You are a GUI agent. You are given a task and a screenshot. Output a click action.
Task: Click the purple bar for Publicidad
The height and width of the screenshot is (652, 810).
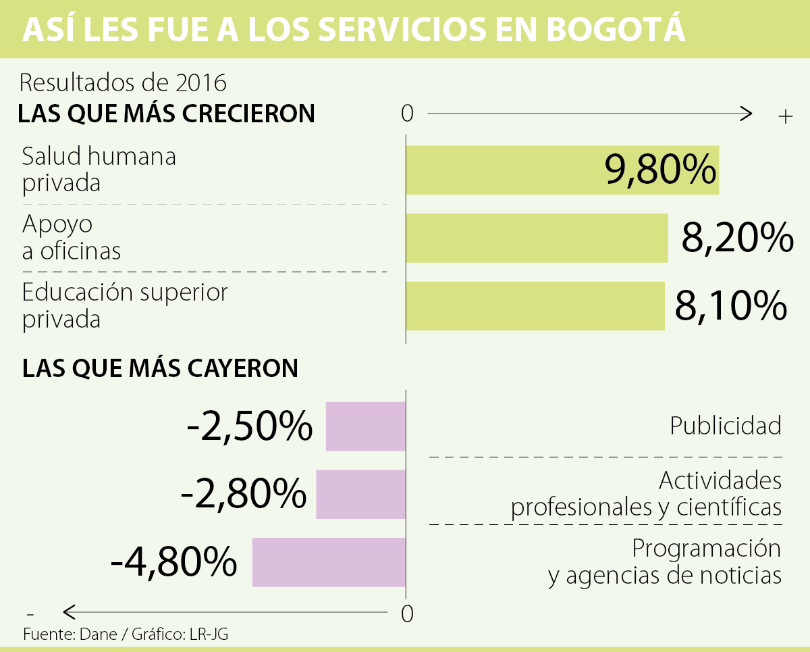[365, 426]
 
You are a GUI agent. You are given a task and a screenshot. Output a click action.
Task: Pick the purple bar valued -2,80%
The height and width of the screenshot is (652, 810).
[360, 495]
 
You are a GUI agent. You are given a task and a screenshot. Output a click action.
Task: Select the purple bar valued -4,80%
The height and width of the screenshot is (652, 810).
[329, 562]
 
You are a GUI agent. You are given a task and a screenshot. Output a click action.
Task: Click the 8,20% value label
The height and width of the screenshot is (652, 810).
[737, 237]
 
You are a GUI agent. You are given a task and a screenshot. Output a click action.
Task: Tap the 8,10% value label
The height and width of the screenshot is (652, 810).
[730, 305]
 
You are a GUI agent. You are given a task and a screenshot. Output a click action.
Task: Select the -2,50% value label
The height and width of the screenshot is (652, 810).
[249, 426]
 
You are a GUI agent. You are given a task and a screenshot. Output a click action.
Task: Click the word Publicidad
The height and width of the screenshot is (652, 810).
[725, 426]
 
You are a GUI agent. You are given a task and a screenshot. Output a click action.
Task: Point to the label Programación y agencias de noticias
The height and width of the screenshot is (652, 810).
[665, 561]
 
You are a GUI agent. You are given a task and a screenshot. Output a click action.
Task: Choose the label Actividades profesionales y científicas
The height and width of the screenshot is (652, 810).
[647, 494]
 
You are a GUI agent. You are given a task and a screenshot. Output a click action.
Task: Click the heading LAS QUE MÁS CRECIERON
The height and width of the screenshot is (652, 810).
[167, 113]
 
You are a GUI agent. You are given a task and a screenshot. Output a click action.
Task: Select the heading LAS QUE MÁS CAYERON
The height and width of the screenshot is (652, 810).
[161, 368]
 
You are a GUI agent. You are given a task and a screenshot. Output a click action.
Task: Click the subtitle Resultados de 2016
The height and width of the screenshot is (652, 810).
[123, 82]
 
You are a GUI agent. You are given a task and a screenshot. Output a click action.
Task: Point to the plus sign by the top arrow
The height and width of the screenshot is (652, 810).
[784, 117]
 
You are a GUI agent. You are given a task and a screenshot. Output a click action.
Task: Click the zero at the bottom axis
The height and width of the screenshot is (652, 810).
[406, 614]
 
